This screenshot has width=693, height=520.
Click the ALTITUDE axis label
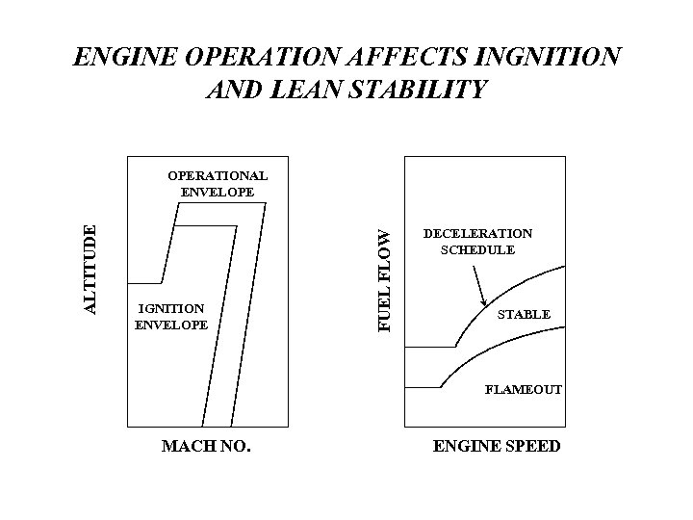[90, 269]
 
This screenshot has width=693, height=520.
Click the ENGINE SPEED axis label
[497, 447]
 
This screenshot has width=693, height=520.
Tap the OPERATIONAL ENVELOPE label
[218, 184]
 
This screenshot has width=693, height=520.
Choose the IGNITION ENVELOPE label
[171, 316]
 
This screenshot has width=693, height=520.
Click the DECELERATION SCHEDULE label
[477, 242]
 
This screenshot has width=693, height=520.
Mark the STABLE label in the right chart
[524, 314]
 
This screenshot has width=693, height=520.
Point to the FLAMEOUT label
[524, 390]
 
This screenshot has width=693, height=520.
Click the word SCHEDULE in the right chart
[477, 249]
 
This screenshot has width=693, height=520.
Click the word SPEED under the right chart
[530, 447]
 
